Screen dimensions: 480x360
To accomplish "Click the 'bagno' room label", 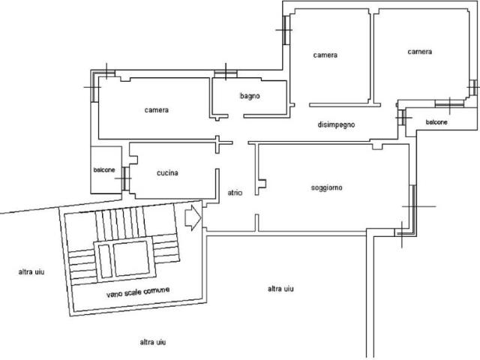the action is (250, 96).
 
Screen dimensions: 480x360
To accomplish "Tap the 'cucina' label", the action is (167, 173).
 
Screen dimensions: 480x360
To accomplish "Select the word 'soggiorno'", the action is (327, 187).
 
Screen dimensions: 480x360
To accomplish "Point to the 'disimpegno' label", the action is (336, 124).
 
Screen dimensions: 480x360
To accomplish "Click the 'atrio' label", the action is (235, 193).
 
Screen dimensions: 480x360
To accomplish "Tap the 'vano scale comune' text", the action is (138, 292).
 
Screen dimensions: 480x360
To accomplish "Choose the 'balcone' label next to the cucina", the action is (104, 170).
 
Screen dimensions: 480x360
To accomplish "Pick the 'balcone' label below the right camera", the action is (436, 122).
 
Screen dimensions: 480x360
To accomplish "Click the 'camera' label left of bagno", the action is (157, 110).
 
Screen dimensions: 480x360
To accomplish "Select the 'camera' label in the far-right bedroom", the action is (420, 52).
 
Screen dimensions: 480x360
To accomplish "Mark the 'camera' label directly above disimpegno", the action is (325, 55).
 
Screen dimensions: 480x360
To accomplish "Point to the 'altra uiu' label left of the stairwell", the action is (31, 271).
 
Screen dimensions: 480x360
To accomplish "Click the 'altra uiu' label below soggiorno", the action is (280, 289).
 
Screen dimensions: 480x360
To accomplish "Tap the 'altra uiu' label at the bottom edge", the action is (153, 342).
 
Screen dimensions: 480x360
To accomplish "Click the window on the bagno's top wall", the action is (226, 73).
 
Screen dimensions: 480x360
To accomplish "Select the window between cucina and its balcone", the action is (125, 178).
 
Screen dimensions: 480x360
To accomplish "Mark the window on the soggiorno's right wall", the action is (413, 208).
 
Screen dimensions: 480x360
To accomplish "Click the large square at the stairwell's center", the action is (132, 258).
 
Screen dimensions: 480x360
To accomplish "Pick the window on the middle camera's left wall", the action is (286, 30).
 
